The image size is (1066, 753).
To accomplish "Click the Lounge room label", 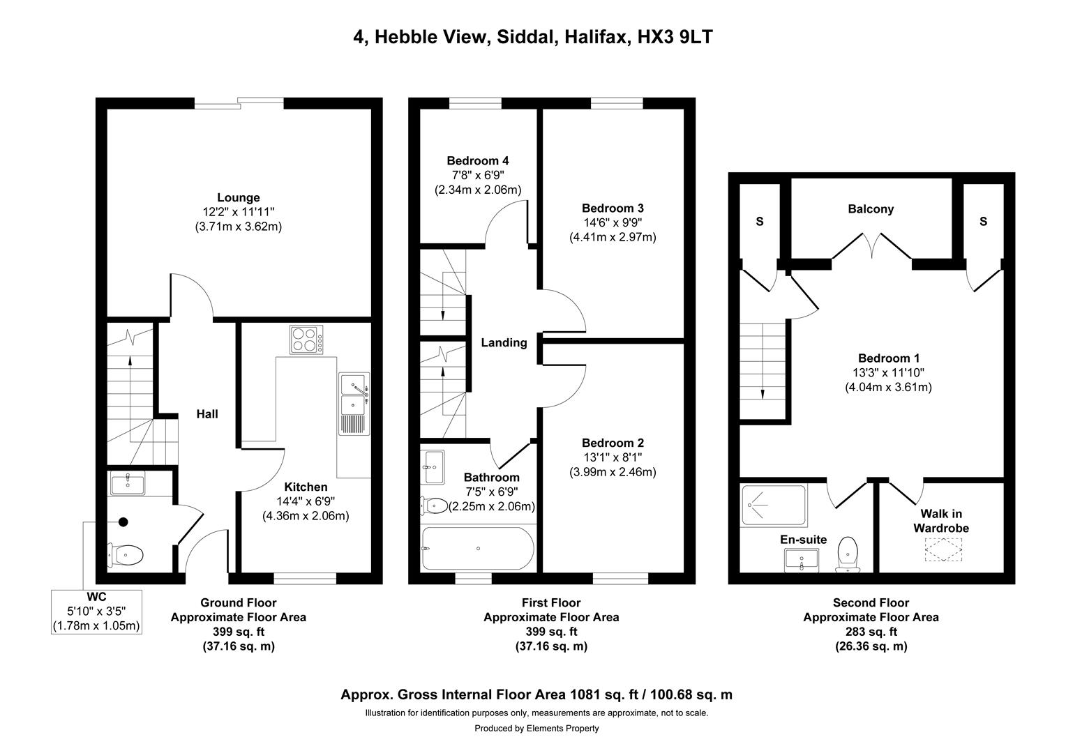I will [238, 198].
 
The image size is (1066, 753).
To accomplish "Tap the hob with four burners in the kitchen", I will [307, 340].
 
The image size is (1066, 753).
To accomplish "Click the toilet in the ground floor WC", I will [126, 555].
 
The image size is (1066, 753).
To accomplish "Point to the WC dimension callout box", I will [96, 611].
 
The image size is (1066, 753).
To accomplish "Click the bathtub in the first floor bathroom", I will [478, 549].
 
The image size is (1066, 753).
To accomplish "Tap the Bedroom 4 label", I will [478, 161].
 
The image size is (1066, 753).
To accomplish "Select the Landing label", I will [504, 343].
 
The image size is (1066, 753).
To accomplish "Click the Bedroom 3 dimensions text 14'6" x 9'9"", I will [613, 222].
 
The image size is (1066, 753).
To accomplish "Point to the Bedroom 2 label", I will [613, 443].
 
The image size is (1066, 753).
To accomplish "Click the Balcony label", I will [870, 209].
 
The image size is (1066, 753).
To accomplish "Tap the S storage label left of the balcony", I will [760, 222].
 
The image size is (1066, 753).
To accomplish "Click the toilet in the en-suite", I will [848, 554].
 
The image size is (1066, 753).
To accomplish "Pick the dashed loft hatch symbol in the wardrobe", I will [942, 550].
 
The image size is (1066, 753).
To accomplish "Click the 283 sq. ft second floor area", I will [871, 632].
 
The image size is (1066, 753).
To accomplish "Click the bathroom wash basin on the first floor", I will [433, 466].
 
